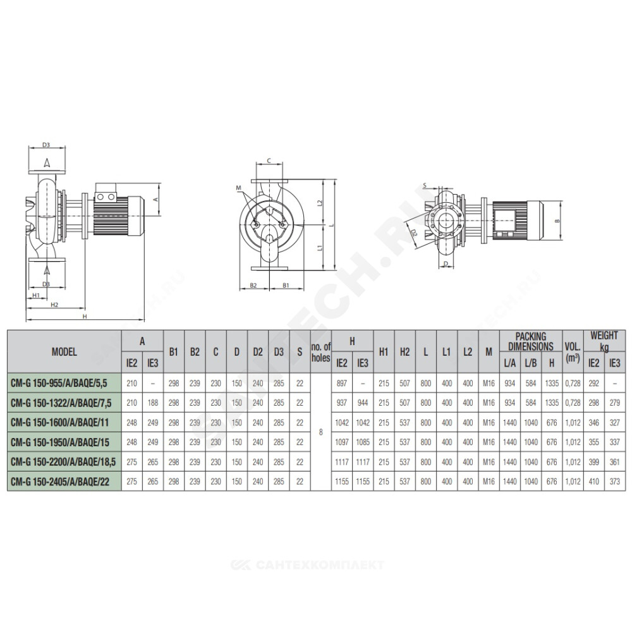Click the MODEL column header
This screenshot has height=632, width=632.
pos(64,352)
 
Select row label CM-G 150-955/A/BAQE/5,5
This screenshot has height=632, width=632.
pos(59,383)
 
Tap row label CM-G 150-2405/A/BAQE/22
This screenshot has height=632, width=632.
pos(60,482)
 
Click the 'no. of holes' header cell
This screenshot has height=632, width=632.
pos(321,352)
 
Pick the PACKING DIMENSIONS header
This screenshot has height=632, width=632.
pos(531,341)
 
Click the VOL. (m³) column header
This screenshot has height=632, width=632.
pos(573,352)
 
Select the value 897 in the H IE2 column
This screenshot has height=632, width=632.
pos(342,384)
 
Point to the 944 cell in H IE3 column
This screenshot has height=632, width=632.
pos(363,403)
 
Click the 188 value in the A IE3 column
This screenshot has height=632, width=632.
pos(153,403)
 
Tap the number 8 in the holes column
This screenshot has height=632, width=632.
pos(321,432)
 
